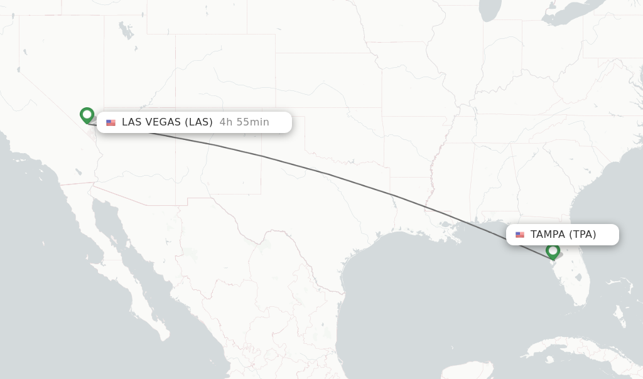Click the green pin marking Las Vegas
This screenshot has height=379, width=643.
87,115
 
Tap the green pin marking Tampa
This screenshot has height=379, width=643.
553,251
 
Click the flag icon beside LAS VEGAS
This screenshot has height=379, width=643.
111,122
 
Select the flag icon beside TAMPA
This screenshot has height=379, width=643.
520,235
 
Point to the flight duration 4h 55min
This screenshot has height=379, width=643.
244,122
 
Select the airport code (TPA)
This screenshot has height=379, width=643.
583,235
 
